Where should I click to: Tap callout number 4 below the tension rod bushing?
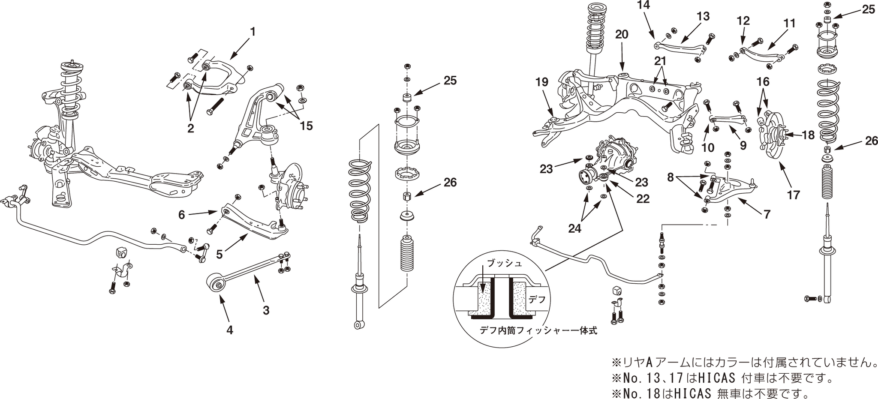pos(230,330)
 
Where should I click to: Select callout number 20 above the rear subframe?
pos(622,34)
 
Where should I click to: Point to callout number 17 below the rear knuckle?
pos(793,195)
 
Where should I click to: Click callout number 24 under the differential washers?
pos(574,228)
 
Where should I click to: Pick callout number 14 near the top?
pos(643,5)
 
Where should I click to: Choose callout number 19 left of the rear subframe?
pos(542,82)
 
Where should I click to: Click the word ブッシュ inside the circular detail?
pos(505,263)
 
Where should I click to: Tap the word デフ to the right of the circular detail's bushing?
pos(537,300)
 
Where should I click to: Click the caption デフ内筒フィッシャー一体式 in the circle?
pos(538,331)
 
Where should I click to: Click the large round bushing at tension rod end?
pos(217,283)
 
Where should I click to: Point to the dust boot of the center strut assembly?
pos(406,254)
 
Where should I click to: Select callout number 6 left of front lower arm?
pos(181,215)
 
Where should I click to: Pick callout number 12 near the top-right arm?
pos(743,21)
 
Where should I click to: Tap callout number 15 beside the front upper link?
pos(306,126)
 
